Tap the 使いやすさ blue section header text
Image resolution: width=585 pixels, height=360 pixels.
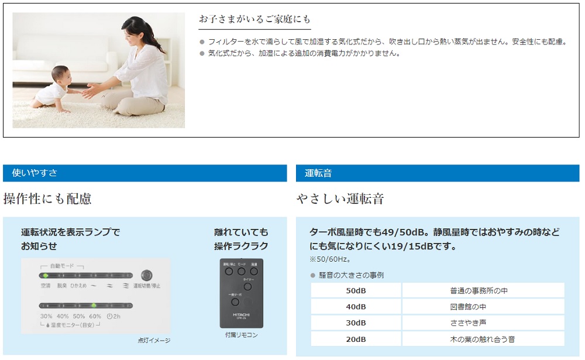pyautogui.click(x=35, y=173)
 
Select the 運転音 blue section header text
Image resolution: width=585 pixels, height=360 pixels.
pyautogui.click(x=318, y=173)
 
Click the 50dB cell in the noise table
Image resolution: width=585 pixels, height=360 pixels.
pyautogui.click(x=356, y=290)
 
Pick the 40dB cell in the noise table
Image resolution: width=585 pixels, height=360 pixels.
pyautogui.click(x=356, y=307)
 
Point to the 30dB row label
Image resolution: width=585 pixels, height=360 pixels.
pyautogui.click(x=356, y=323)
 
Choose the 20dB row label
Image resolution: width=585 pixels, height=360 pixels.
pyautogui.click(x=356, y=339)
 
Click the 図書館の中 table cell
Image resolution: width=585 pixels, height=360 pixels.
pyautogui.click(x=483, y=307)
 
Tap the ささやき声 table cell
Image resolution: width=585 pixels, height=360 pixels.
pyautogui.click(x=483, y=323)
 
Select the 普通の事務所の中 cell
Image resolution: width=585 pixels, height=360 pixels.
pyautogui.click(x=483, y=290)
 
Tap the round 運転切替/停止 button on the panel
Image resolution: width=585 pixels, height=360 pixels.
pyautogui.click(x=146, y=275)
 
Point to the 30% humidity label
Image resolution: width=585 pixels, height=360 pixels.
pyautogui.click(x=46, y=316)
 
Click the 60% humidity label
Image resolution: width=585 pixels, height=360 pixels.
pyautogui.click(x=95, y=316)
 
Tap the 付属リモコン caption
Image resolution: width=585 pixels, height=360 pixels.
pyautogui.click(x=241, y=335)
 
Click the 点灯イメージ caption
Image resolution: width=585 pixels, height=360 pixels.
pyautogui.click(x=154, y=340)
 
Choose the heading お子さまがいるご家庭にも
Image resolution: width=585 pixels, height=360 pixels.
pyautogui.click(x=254, y=19)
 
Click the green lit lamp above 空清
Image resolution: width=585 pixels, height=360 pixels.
pyautogui.click(x=45, y=275)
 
